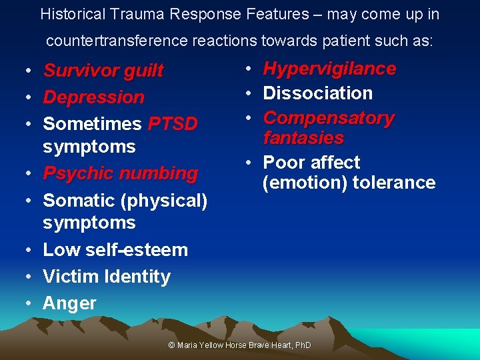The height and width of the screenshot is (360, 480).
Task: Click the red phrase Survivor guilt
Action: point(103,71)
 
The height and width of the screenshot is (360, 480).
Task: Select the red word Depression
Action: point(93,97)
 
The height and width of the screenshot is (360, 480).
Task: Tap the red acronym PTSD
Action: point(173,124)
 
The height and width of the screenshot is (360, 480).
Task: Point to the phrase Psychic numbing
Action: point(120,173)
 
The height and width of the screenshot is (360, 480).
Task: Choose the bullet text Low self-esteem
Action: point(115,250)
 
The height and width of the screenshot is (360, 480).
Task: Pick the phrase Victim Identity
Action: point(107,277)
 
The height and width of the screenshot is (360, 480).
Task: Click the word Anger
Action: point(69,303)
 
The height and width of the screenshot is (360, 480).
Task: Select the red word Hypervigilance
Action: point(329,69)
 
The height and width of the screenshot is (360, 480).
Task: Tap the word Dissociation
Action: point(317,93)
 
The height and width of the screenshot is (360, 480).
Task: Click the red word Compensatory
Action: point(329,118)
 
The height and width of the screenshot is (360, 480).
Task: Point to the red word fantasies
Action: point(303,139)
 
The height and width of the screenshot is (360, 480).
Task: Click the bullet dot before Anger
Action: point(30,304)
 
